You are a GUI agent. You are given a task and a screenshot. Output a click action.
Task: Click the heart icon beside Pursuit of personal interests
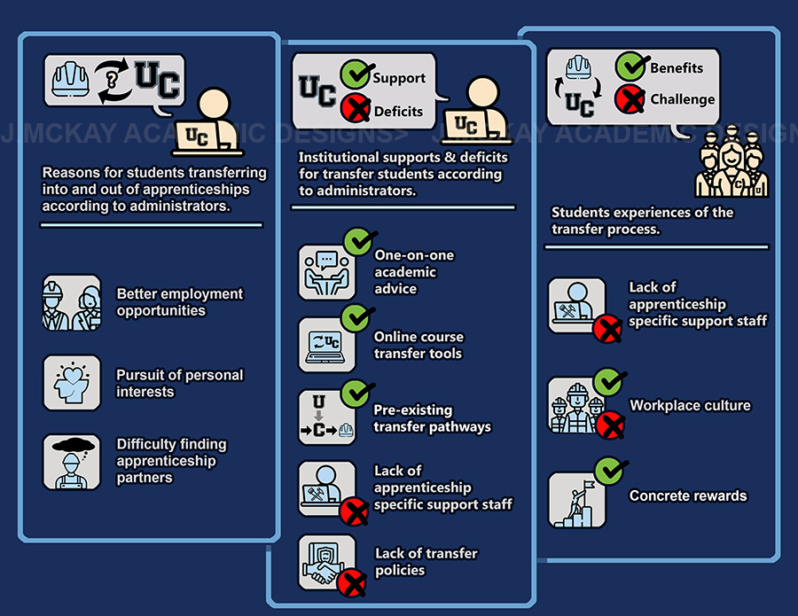71,382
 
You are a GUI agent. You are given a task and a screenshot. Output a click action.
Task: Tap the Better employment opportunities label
179,302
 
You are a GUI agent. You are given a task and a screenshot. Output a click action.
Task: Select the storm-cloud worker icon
71,464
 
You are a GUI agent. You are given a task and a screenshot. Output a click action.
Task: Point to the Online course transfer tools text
419,345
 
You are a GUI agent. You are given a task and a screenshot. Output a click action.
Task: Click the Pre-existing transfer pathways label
432,418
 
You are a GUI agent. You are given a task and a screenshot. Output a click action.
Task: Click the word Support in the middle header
399,78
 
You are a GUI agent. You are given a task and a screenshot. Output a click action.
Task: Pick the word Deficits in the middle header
398,111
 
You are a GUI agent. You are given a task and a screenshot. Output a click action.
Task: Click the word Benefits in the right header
677,67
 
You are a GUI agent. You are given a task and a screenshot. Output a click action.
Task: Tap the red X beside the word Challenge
630,99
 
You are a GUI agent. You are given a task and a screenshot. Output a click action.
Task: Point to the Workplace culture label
690,406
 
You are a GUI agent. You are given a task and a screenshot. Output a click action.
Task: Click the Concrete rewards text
688,495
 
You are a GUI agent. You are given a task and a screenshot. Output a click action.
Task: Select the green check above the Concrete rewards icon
607,469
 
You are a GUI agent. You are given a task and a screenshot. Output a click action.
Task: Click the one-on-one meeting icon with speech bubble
325,270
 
